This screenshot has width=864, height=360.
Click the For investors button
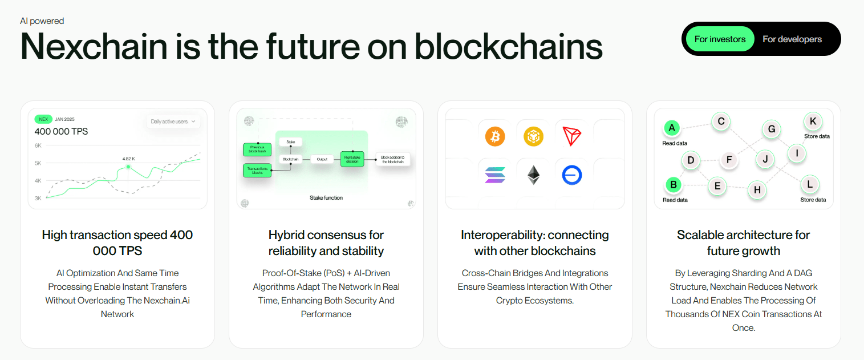pos(720,39)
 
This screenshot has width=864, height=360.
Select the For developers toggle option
pos(792,39)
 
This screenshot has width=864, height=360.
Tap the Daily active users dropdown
pos(173,122)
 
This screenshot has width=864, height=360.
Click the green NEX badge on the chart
pos(43,120)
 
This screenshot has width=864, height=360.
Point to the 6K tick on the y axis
pos(38,145)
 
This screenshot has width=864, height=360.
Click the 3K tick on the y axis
pos(38,199)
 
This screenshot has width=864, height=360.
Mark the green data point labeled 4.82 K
pos(128,167)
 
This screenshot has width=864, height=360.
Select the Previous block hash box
pos(257,149)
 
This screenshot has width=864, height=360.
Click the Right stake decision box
pos(352,159)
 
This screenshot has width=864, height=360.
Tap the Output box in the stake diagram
pos(322,159)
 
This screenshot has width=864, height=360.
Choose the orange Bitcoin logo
pos(495,136)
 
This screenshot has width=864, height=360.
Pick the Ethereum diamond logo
pos(533,175)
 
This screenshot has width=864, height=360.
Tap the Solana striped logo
pos(495,175)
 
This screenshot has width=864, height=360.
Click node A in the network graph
pos(672,128)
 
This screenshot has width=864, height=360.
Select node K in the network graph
pos(813,121)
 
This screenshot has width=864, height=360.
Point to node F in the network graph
pos(729,160)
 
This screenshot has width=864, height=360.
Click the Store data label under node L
pos(813,200)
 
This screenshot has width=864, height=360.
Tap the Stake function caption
pos(326,198)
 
